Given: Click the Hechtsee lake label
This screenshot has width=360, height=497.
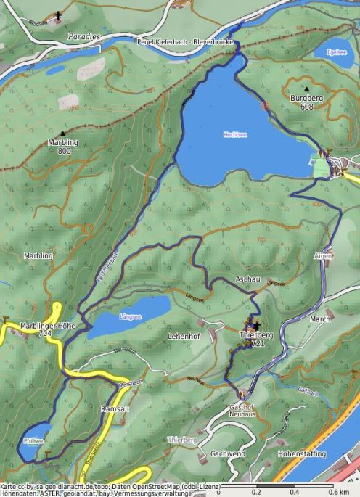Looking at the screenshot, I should (240, 135).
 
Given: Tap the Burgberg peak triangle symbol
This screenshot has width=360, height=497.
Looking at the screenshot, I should (306, 89).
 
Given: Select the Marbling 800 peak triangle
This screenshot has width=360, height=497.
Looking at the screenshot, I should (63, 134).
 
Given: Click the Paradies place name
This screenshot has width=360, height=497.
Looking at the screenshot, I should (85, 36).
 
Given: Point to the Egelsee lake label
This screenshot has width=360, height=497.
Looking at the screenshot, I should (337, 52).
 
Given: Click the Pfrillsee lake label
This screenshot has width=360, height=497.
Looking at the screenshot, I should (33, 440).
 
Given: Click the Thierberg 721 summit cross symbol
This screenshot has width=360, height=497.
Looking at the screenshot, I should (256, 324).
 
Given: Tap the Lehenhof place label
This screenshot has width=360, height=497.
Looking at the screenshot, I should (183, 337).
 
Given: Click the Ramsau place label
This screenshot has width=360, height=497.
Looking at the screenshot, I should (114, 409).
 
